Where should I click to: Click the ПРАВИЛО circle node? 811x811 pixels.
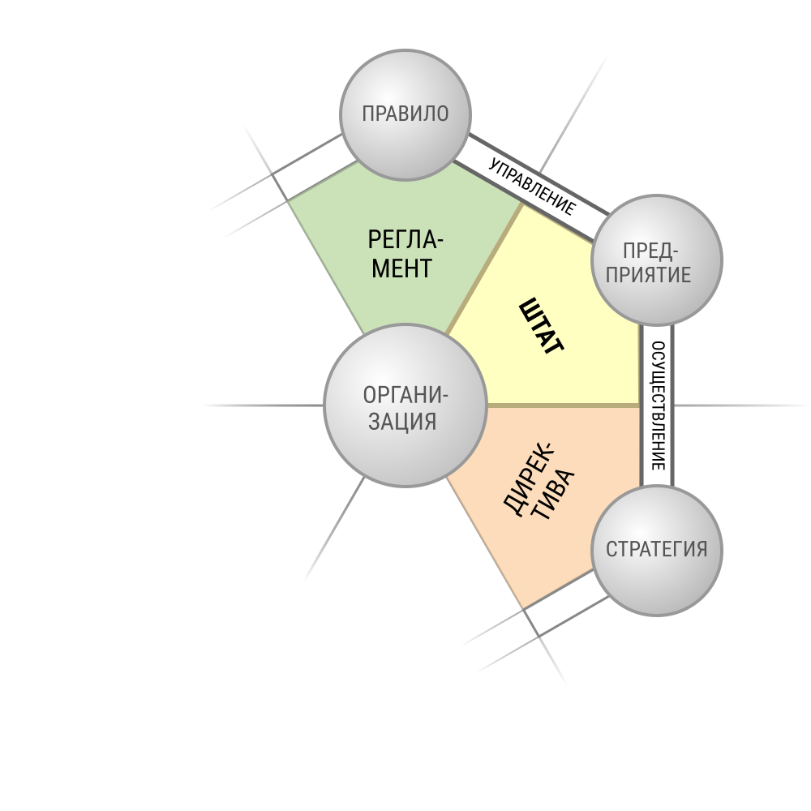click(x=405, y=115)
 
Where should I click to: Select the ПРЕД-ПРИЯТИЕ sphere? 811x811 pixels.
click(x=656, y=260)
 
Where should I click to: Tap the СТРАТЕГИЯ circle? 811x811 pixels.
click(x=656, y=551)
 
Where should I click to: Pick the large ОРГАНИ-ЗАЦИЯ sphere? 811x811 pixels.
click(x=405, y=405)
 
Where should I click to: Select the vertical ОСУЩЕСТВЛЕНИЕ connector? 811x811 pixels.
click(x=657, y=405)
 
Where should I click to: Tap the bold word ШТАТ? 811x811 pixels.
click(x=541, y=326)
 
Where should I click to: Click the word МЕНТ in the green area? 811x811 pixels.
click(x=402, y=268)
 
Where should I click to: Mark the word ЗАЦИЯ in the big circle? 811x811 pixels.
click(x=402, y=421)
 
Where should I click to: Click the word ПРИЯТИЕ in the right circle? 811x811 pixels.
click(x=649, y=274)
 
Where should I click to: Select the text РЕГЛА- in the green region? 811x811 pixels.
click(x=405, y=240)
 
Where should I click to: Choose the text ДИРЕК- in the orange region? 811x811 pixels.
click(x=528, y=478)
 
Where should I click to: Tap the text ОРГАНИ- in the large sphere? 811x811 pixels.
click(x=405, y=395)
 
